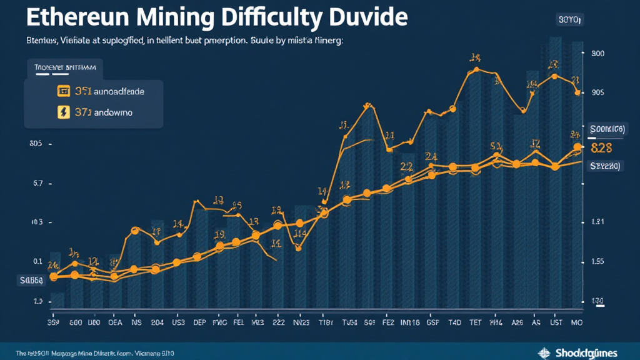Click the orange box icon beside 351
click(x=62, y=91)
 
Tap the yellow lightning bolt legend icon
click(x=62, y=112)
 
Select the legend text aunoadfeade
click(x=119, y=91)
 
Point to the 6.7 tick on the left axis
click(x=37, y=184)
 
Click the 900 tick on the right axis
click(x=597, y=54)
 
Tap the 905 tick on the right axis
click(x=597, y=92)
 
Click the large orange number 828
click(x=601, y=148)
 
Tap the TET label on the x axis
click(x=476, y=323)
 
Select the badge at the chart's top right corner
click(x=569, y=20)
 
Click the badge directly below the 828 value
click(x=604, y=166)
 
